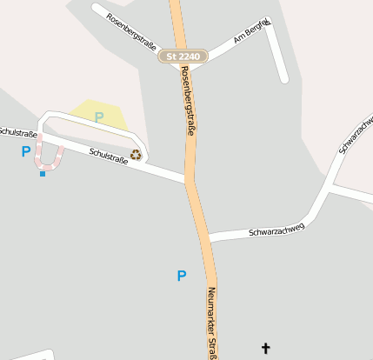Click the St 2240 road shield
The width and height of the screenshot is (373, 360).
183,57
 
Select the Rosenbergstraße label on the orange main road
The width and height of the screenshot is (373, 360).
186,102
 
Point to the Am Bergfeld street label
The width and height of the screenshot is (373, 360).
252,33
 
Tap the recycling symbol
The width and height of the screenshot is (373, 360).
136,155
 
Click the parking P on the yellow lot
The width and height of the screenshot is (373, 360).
99,117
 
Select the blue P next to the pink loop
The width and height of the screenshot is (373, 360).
26,151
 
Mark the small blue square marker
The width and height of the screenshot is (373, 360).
43,174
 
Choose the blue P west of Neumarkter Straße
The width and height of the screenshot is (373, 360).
182,276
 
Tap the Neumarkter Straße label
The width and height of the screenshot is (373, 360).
210,322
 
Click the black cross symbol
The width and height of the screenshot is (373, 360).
266,349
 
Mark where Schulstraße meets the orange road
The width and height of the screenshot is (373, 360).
189,182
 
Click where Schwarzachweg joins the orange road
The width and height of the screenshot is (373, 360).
208,237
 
